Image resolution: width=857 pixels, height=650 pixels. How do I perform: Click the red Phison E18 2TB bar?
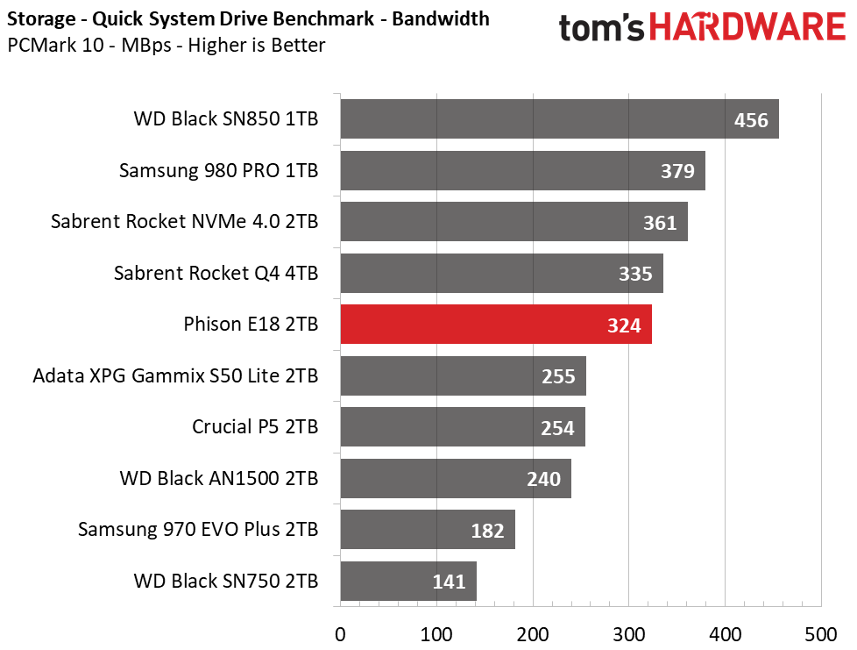pyautogui.click(x=496, y=325)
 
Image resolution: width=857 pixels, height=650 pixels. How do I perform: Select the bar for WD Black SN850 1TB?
pyautogui.click(x=560, y=118)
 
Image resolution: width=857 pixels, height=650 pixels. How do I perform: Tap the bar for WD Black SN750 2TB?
pyautogui.click(x=408, y=581)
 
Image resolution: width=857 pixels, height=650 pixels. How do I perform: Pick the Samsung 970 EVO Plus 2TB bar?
pyautogui.click(x=428, y=530)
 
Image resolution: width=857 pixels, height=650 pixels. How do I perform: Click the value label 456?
pyautogui.click(x=751, y=120)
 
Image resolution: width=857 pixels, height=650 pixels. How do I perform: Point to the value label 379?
pyautogui.click(x=677, y=171)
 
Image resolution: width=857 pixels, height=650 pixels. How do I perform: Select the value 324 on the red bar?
pyautogui.click(x=624, y=325)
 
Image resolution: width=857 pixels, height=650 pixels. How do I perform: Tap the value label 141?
pyautogui.click(x=449, y=582)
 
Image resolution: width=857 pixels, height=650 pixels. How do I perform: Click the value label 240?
pyautogui.click(x=544, y=479)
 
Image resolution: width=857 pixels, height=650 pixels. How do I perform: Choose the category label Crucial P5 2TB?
pyautogui.click(x=255, y=427)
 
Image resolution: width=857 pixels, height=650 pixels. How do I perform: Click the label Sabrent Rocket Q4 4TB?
pyautogui.click(x=216, y=273)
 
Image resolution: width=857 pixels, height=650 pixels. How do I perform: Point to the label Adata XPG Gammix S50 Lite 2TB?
pyautogui.click(x=175, y=376)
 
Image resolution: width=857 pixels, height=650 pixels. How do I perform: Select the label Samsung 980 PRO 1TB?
pyautogui.click(x=218, y=170)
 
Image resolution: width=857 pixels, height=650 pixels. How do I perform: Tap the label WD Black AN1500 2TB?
pyautogui.click(x=218, y=478)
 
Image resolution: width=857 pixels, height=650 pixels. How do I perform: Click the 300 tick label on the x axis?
pyautogui.click(x=628, y=635)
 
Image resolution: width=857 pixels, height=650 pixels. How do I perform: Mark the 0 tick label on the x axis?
pyautogui.click(x=340, y=635)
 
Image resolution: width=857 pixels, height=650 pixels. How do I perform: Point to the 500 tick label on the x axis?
pyautogui.click(x=821, y=635)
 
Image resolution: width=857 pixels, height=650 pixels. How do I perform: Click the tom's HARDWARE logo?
pyautogui.click(x=702, y=27)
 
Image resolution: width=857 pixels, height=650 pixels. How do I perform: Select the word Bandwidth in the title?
pyautogui.click(x=441, y=18)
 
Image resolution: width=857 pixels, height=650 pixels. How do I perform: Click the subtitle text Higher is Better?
pyautogui.click(x=257, y=45)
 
